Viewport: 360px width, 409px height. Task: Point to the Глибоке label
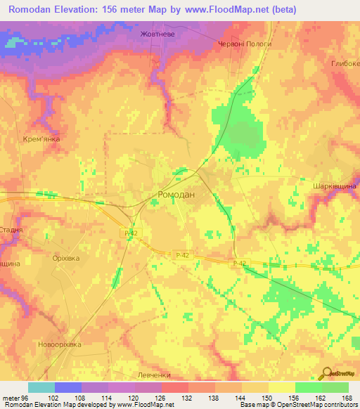pyautogui.click(x=345, y=63)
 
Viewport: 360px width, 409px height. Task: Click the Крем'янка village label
pyautogui.click(x=41, y=139)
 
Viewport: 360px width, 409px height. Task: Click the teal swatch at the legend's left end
pyautogui.click(x=41, y=387)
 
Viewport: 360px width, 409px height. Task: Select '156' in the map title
pyautogui.click(x=143, y=10)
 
